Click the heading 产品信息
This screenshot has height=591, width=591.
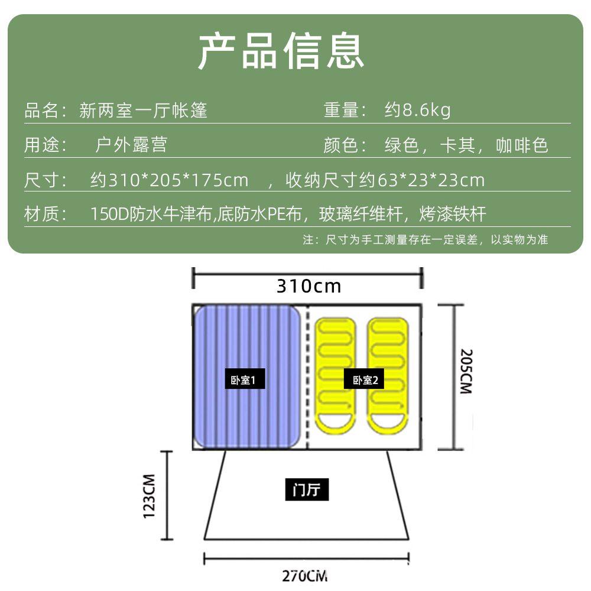coord(281,51)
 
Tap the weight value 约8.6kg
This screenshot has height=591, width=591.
coord(417,111)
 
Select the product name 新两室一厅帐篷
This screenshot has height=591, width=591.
coord(144,111)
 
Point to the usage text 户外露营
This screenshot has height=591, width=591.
coord(131,145)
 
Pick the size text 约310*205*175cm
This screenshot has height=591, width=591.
coord(169,180)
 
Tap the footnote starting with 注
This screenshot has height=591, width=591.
coord(425,239)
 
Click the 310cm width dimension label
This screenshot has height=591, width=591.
coord(309,286)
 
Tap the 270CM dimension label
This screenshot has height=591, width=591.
coord(305,575)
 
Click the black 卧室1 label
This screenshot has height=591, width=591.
coord(245,380)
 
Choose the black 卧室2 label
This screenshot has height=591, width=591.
coord(364,380)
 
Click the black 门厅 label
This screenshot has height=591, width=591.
coord(307,490)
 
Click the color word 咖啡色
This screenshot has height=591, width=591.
coord(522,145)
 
